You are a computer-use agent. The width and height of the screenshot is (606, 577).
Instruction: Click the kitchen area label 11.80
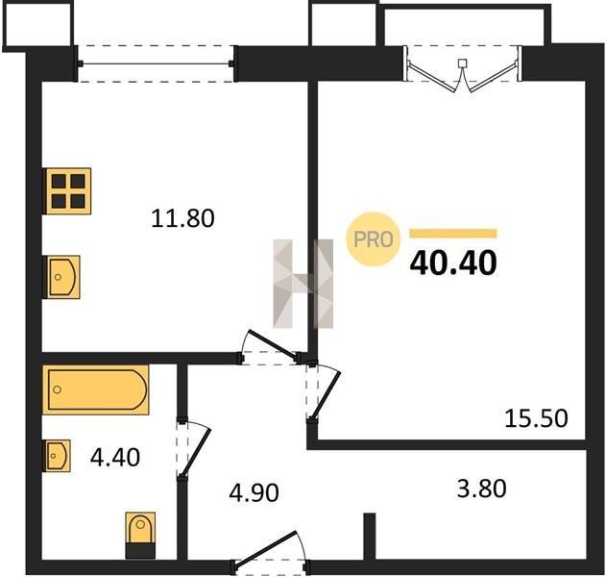[182, 218]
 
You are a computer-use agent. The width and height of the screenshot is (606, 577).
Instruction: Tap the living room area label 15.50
[537, 418]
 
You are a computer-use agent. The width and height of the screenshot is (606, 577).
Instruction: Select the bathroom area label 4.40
[115, 457]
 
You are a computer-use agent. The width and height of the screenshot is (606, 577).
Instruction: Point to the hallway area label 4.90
[254, 493]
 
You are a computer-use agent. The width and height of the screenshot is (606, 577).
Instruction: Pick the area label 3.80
[481, 488]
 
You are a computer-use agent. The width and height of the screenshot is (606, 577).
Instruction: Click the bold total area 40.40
[453, 263]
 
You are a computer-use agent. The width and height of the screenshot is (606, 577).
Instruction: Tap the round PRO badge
[373, 238]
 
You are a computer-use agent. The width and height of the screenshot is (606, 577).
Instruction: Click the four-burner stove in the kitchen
[67, 191]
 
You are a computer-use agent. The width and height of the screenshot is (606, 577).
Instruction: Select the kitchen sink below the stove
[62, 277]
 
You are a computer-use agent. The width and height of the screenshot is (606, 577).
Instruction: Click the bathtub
[95, 389]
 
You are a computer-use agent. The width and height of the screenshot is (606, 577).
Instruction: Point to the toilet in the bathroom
[140, 536]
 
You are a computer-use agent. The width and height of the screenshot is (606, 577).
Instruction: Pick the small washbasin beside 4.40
[58, 456]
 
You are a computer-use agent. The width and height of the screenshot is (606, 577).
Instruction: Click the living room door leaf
[326, 395]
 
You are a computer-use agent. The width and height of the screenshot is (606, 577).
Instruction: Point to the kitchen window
[156, 63]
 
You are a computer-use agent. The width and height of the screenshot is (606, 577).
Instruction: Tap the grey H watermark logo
[303, 284]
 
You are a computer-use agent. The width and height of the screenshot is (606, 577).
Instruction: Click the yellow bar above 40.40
[453, 234]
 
